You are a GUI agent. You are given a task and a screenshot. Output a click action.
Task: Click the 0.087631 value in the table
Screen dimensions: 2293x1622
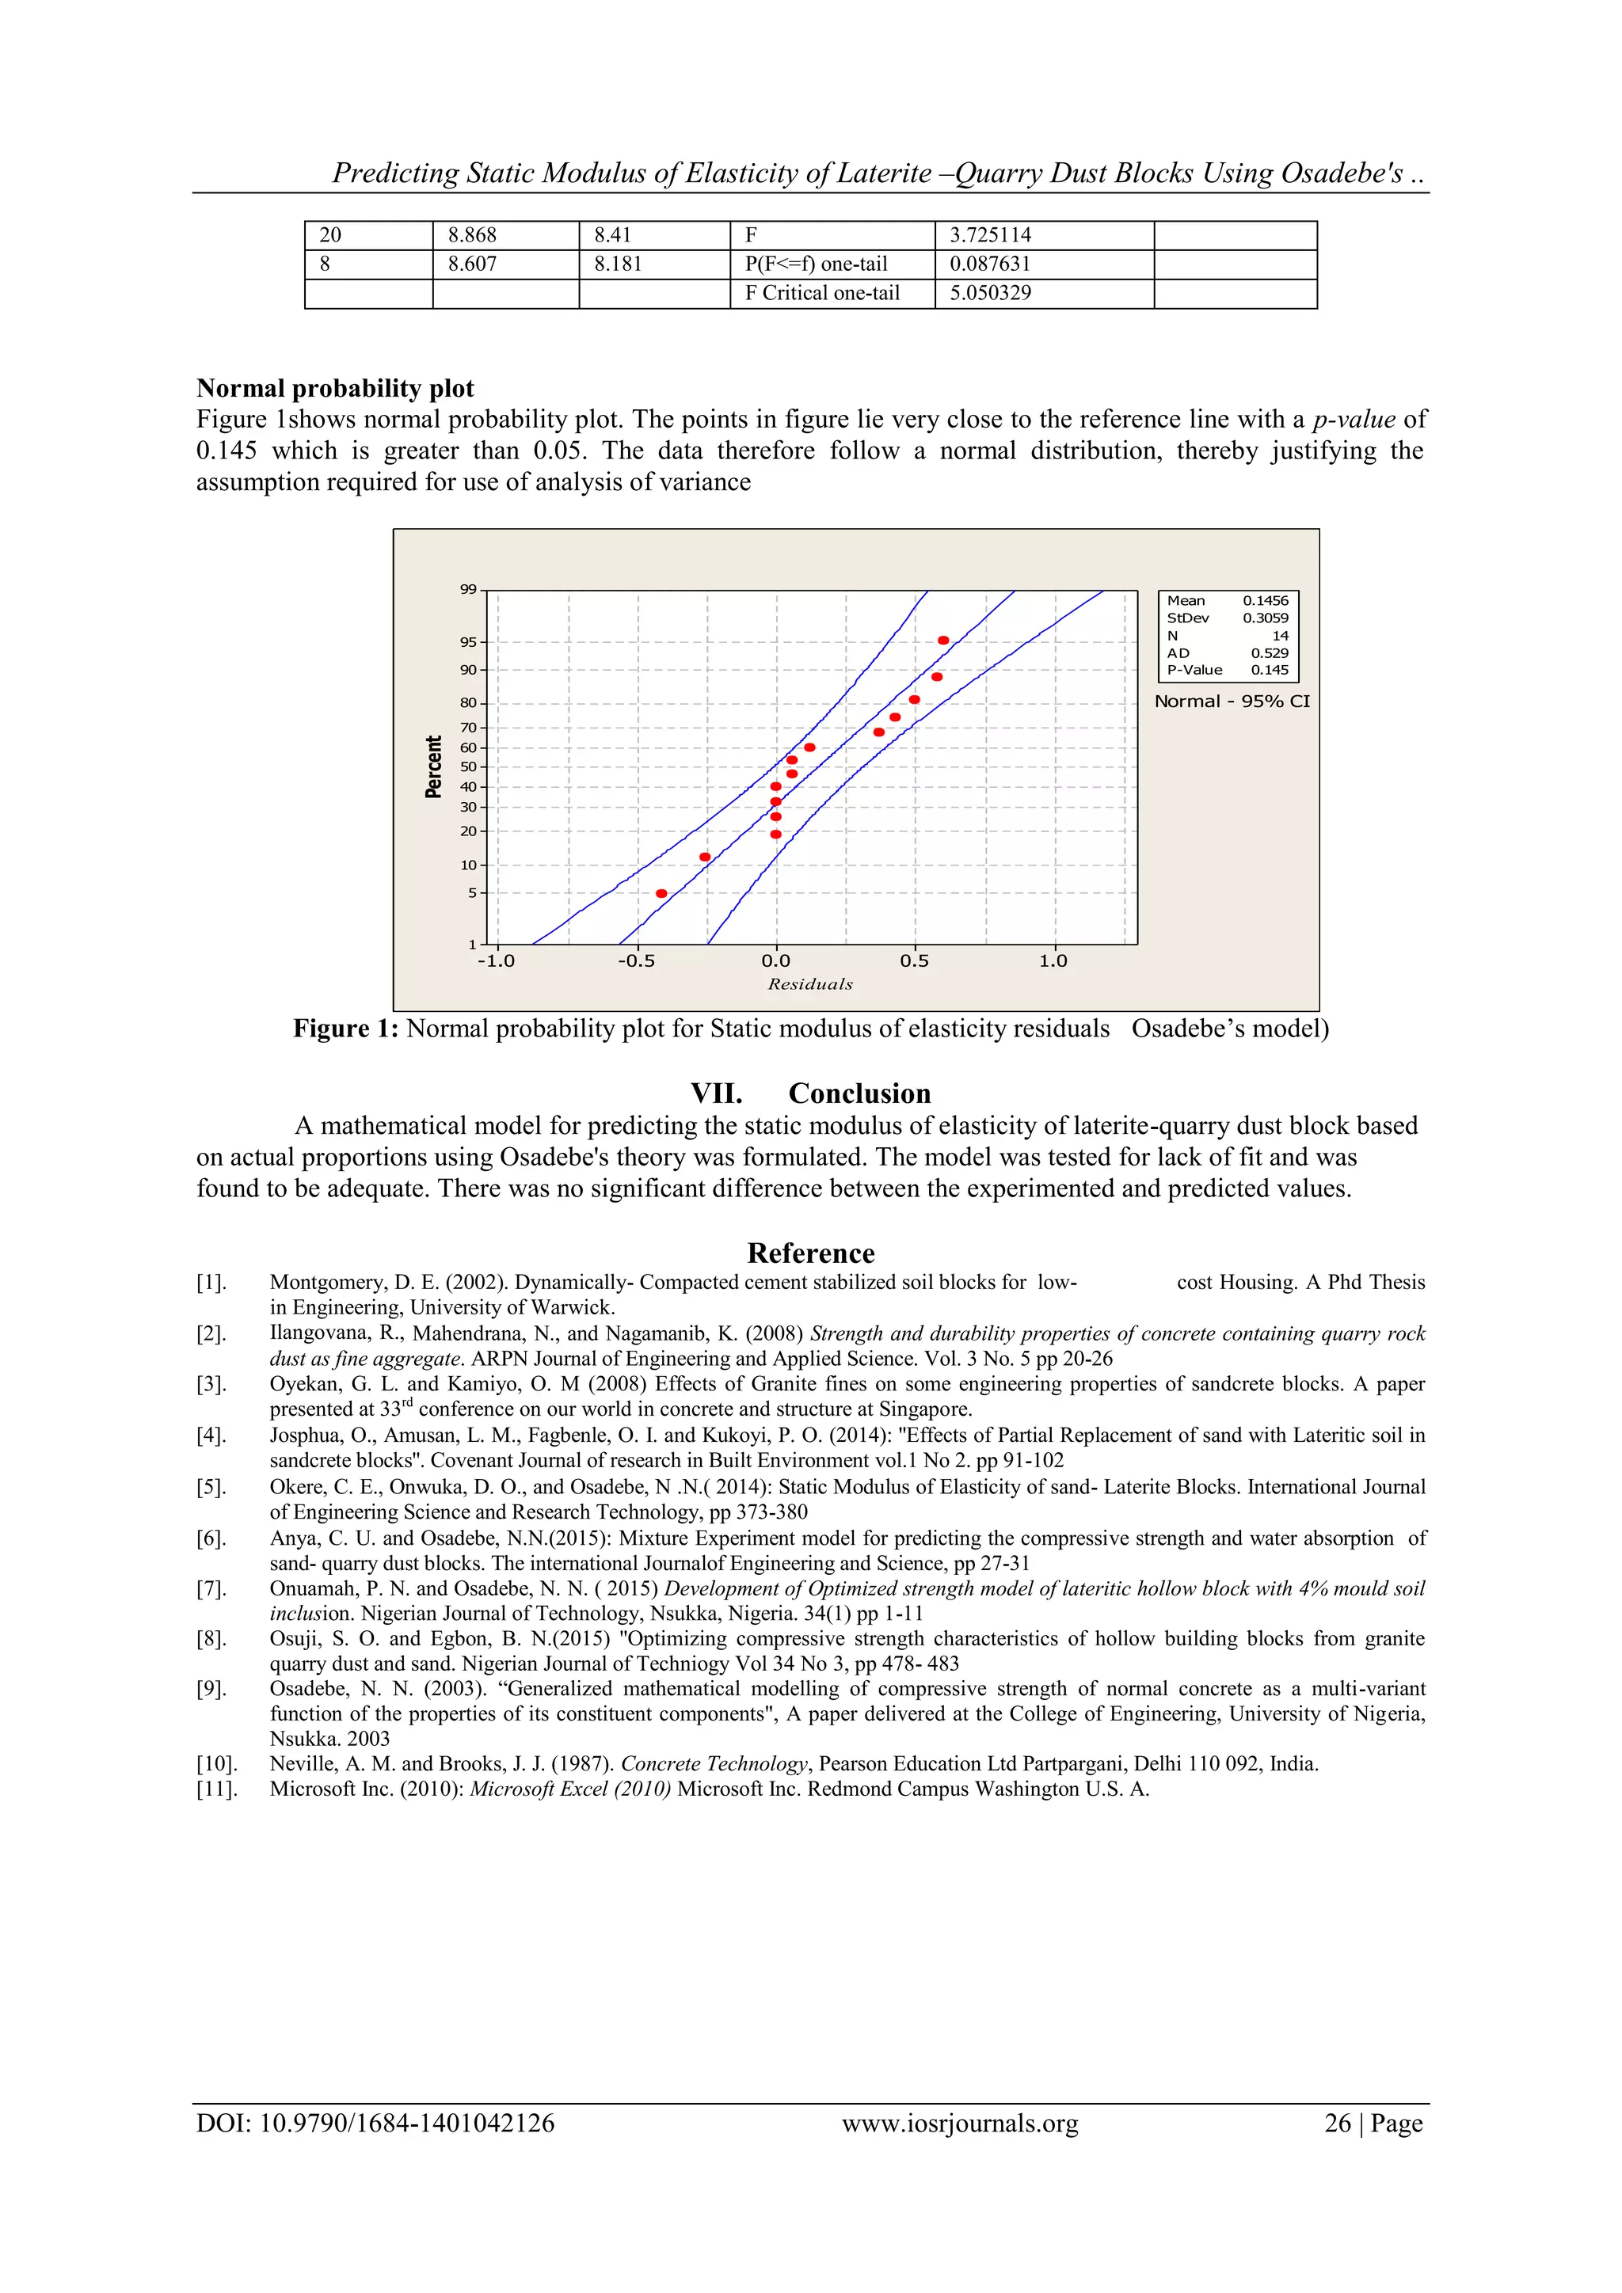(x=990, y=264)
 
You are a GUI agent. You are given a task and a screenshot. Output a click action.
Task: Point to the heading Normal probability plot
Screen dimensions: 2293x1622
(x=334, y=389)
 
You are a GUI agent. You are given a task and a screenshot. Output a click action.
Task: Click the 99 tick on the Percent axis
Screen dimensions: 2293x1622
(x=468, y=589)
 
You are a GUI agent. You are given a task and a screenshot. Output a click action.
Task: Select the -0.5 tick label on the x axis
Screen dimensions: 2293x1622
(x=636, y=960)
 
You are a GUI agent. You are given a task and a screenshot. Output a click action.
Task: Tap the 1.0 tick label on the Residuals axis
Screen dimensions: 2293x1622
(x=1053, y=960)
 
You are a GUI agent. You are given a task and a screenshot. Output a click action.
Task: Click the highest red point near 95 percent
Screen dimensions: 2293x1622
(x=942, y=641)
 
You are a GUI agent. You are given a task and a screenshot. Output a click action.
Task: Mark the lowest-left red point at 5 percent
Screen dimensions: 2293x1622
(x=661, y=893)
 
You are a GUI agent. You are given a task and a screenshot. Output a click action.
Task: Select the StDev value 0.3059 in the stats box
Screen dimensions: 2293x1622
(x=1265, y=618)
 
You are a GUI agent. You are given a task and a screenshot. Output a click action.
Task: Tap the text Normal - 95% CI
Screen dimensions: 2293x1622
(x=1232, y=701)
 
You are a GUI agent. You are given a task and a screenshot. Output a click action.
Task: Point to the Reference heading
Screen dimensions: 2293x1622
(x=810, y=1253)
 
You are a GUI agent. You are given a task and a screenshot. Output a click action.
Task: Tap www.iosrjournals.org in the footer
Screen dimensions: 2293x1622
(x=960, y=2124)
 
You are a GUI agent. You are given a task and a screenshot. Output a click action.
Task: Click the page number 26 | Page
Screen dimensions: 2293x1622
(x=1373, y=2124)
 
